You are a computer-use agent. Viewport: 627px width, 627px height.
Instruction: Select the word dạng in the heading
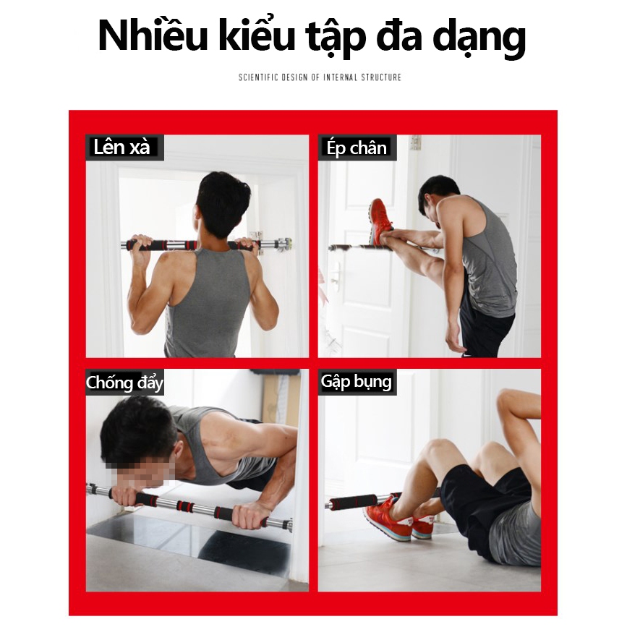479,39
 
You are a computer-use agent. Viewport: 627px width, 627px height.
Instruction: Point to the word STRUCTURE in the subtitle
381,77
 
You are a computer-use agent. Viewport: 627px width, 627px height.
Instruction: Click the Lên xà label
121,147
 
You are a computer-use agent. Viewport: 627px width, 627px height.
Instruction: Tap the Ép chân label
357,148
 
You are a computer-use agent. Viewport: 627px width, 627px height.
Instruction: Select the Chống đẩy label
124,383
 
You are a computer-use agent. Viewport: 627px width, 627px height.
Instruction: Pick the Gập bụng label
356,381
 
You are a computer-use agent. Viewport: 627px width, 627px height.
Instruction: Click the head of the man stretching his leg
438,197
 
